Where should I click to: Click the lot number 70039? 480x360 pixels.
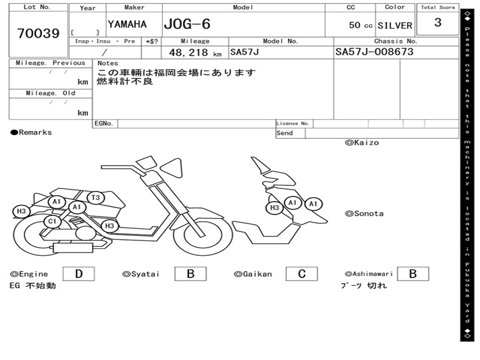[38, 33]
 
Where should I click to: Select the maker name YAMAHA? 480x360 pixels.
[127, 24]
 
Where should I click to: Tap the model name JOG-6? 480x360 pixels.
[187, 24]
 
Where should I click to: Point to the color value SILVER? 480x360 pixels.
[395, 25]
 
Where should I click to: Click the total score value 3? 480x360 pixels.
[438, 22]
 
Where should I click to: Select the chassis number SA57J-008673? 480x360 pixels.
[375, 52]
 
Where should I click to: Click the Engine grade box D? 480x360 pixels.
[79, 274]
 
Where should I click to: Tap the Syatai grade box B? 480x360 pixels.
[190, 274]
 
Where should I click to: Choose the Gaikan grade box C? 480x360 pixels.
[302, 274]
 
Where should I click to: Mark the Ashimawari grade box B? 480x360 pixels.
[413, 274]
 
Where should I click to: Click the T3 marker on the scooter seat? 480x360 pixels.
[96, 198]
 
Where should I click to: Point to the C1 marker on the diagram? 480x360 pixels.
[52, 221]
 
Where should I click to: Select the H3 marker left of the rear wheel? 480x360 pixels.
[21, 211]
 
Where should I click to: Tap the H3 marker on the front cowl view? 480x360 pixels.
[275, 208]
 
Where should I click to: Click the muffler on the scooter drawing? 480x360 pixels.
[73, 247]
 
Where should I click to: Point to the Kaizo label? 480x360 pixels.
[362, 142]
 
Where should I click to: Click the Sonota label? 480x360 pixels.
[364, 214]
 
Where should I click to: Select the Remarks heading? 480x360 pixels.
[31, 132]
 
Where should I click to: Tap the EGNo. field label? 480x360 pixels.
[104, 123]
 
